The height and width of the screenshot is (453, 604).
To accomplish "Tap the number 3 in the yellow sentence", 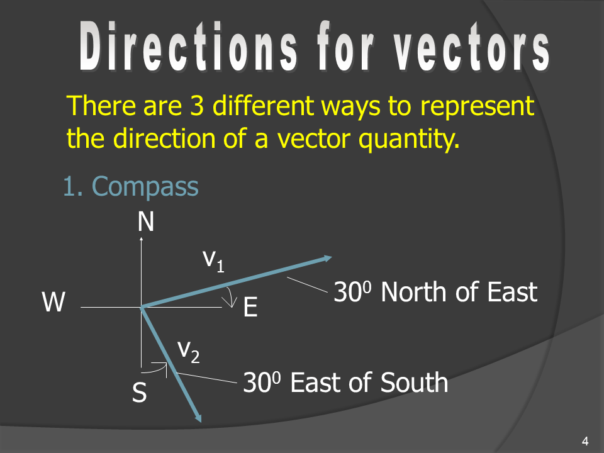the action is coord(196,105).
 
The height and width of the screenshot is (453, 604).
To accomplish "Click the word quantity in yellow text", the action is coord(409,139).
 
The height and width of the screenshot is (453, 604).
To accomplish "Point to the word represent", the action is coord(477,106).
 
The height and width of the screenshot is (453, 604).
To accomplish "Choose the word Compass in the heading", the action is coord(145,186).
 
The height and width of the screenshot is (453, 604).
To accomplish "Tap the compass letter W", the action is coord(53,302).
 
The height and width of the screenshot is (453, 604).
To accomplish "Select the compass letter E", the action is coord(250,307).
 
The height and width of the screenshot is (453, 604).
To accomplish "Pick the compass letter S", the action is coord(140,392).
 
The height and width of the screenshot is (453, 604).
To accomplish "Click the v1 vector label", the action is coord(213,260).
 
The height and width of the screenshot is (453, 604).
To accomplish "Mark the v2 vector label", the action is coord(189,352).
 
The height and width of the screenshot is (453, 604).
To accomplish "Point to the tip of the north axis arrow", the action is coord(142,238).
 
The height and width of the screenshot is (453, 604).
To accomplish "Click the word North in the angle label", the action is coord(415,291).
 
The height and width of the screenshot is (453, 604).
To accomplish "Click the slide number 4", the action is coord(585,440).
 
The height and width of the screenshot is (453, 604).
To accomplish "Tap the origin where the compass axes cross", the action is coord(142,308).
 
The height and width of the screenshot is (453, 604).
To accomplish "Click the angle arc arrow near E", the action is coord(232,297).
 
